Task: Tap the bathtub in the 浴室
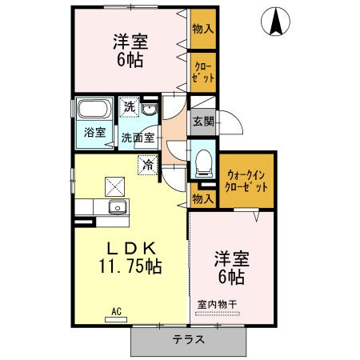95,108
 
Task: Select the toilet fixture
204,159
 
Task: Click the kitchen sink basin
118,209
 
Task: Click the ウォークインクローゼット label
247,181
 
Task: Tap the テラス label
188,339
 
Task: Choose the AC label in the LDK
115,311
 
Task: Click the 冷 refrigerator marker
148,165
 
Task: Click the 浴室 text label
95,133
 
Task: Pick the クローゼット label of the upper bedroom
203,73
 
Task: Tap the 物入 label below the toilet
203,198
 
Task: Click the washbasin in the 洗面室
150,109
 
